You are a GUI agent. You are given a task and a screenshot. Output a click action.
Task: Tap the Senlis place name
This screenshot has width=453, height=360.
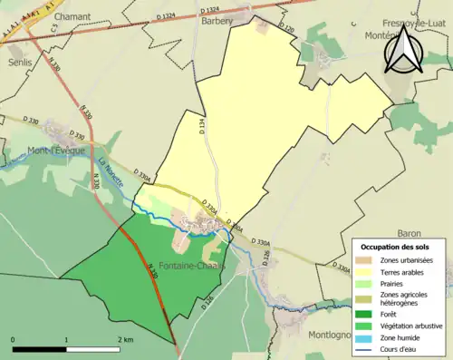(x=19, y=62)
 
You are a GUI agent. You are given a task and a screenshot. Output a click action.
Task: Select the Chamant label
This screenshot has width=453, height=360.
(x=72, y=16)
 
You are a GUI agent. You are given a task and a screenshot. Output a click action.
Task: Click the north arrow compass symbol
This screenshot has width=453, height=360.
(x=400, y=51)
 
